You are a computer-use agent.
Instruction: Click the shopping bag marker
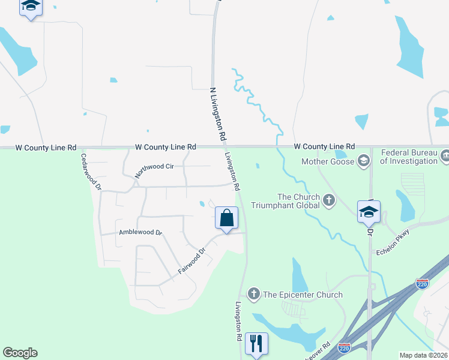click(x=227, y=218)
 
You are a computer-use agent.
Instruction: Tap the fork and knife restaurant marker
click(x=256, y=344)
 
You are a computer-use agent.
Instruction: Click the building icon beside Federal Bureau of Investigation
click(x=445, y=157)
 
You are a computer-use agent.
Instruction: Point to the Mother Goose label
click(x=327, y=161)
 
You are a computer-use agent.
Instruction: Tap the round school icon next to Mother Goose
click(x=363, y=161)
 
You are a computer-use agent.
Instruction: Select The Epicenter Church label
click(x=303, y=295)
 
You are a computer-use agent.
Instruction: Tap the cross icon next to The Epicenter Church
click(x=253, y=294)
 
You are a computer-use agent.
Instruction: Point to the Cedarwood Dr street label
click(x=92, y=172)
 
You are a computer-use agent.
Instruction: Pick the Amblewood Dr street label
click(x=140, y=232)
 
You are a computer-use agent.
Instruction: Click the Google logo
click(x=20, y=353)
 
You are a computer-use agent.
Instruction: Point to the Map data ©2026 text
click(x=423, y=355)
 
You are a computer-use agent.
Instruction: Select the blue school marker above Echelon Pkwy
click(x=369, y=212)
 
